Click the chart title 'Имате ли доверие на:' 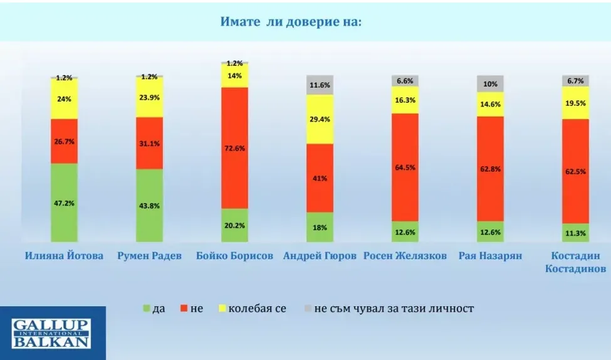click(291, 21)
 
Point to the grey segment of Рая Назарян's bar click(491, 84)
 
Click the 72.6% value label click(234, 147)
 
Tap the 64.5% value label click(405, 167)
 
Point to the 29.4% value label click(320, 119)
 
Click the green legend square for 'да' click(147, 308)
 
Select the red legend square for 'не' click(184, 308)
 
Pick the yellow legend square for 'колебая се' click(221, 308)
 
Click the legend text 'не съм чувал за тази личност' click(394, 308)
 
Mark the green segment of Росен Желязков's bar click(405, 231)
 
